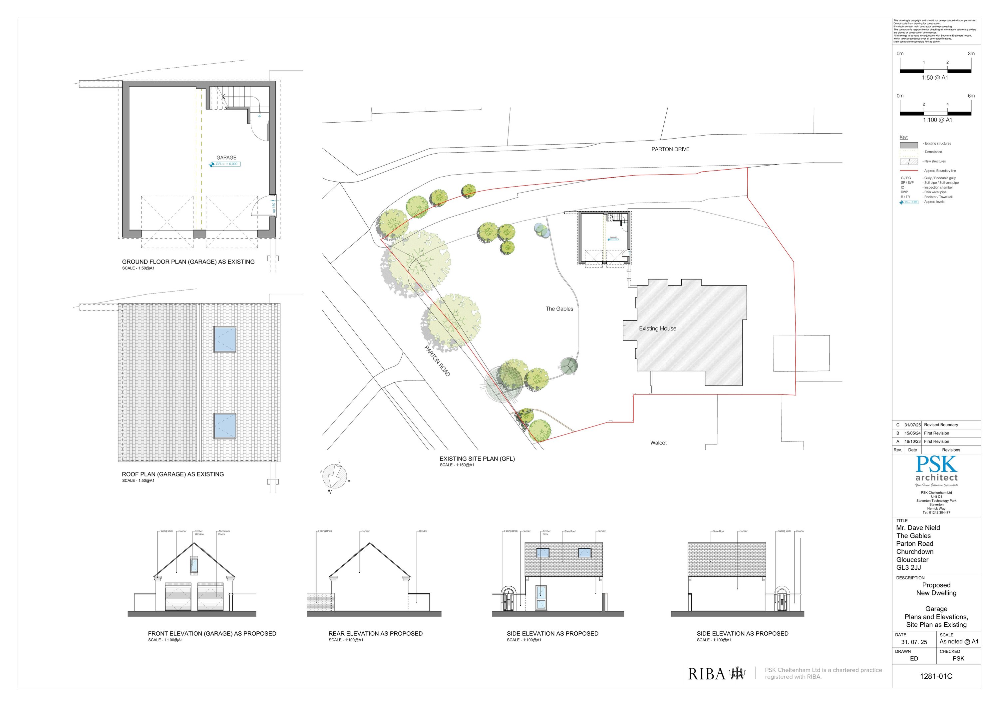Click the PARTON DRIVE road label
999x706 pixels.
click(670, 149)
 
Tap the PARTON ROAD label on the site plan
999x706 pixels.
click(437, 361)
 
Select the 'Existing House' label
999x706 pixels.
click(657, 329)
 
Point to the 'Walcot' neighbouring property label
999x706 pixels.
click(658, 443)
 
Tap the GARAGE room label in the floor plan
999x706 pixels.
click(226, 158)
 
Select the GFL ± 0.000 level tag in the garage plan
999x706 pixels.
click(225, 164)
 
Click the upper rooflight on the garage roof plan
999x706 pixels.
click(225, 339)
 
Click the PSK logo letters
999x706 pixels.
click(936, 465)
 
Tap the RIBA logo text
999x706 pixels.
click(707, 674)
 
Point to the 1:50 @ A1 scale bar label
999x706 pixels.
click(935, 78)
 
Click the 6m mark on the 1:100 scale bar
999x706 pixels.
click(971, 96)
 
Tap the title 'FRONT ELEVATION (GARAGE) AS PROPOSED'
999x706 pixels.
click(212, 634)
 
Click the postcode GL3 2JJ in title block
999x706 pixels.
click(908, 568)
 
